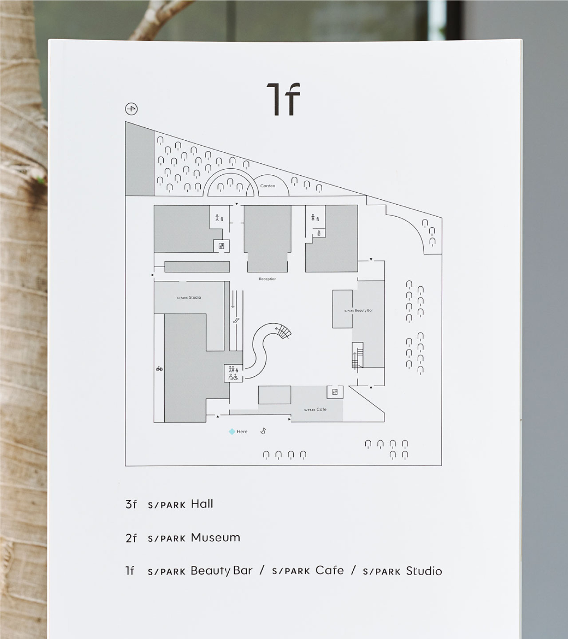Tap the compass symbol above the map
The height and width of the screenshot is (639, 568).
pyautogui.click(x=131, y=109)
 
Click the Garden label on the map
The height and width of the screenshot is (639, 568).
pyautogui.click(x=268, y=186)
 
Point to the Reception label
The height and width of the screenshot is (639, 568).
pyautogui.click(x=268, y=279)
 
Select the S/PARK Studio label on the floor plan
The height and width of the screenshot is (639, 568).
pyautogui.click(x=189, y=297)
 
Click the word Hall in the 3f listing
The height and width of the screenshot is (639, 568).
pyautogui.click(x=202, y=504)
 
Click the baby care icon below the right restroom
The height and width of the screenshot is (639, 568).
pyautogui.click(x=319, y=233)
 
